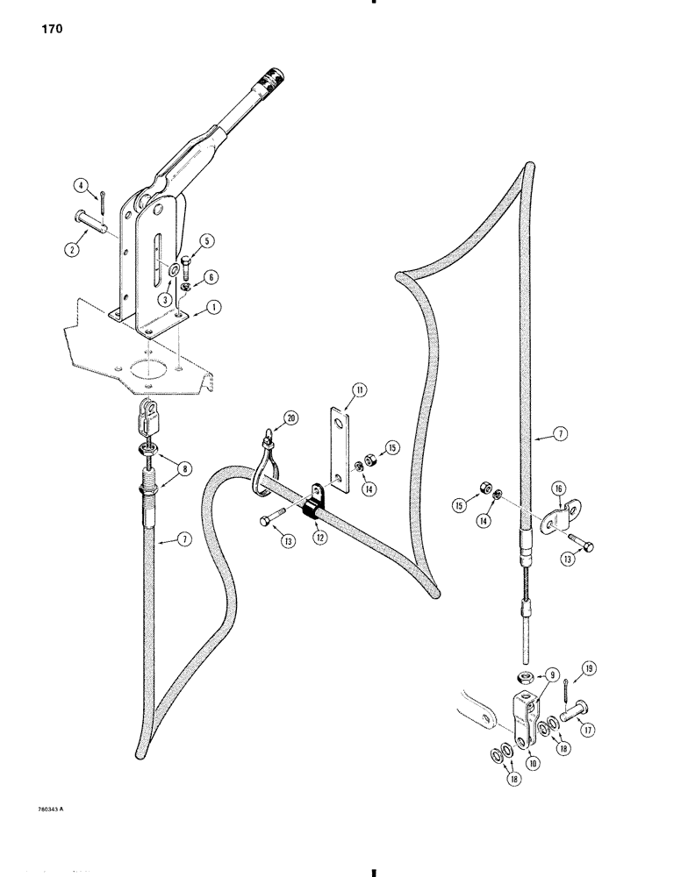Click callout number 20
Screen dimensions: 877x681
(x=290, y=419)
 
